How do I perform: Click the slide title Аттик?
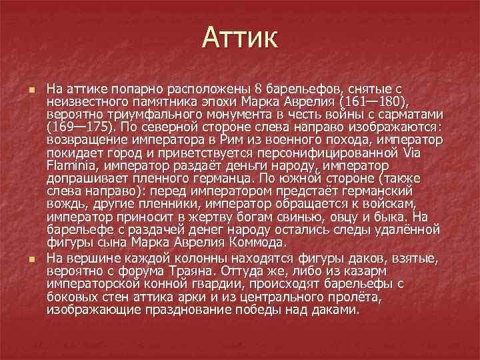(x=239, y=38)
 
